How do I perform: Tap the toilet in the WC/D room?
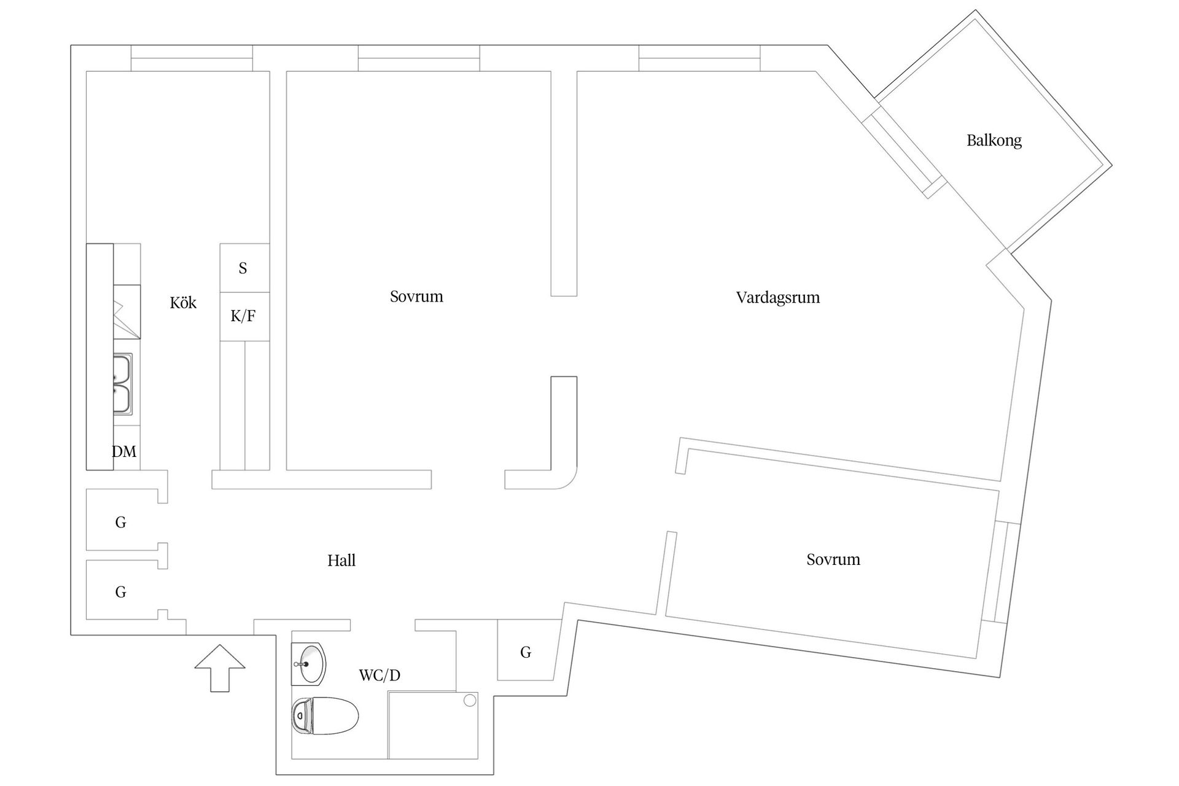click(x=325, y=716)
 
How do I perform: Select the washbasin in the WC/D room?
click(x=309, y=664)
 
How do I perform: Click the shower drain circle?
click(x=470, y=700)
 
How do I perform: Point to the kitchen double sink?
click(x=122, y=383)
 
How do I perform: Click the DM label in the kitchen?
click(x=124, y=452)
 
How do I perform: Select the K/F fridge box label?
click(x=243, y=316)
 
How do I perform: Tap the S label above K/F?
click(x=243, y=268)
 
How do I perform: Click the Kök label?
click(x=183, y=303)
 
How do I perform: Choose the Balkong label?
click(x=994, y=141)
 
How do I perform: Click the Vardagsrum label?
click(x=777, y=298)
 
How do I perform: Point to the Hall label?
click(x=341, y=561)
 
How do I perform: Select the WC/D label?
click(x=379, y=675)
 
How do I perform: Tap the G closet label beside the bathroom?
click(x=526, y=652)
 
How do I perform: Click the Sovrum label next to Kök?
click(x=416, y=297)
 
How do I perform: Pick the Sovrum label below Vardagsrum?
click(x=833, y=559)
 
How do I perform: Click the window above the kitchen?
click(x=192, y=58)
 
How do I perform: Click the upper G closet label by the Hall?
click(x=121, y=523)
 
